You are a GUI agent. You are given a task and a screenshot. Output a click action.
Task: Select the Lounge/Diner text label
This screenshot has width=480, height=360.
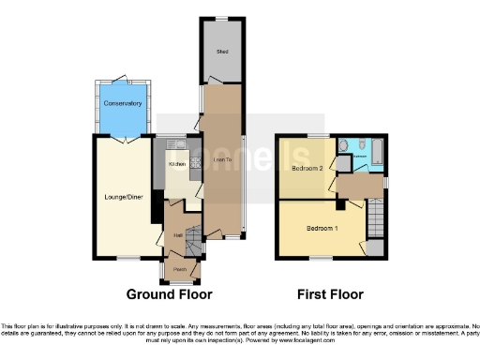click(x=120, y=197)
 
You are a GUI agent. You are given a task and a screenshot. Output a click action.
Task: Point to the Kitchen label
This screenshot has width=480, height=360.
click(x=177, y=164)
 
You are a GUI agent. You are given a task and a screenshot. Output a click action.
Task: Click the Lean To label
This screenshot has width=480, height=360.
click(x=223, y=161)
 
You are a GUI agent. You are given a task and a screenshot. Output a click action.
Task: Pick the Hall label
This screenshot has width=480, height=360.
click(x=177, y=236)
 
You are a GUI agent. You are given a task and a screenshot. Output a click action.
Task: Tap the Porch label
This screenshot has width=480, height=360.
click(x=179, y=270)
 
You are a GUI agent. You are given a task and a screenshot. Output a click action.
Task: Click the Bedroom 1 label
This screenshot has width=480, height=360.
click(x=322, y=228)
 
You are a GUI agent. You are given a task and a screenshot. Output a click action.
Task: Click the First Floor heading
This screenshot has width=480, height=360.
click(x=330, y=294)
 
